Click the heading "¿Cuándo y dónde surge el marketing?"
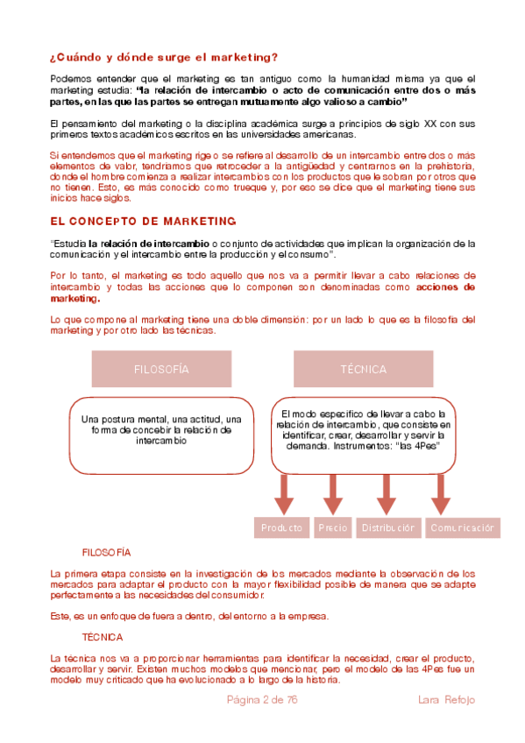tap(164, 58)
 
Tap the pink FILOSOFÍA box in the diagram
tap(161, 369)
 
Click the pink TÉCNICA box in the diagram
tap(363, 369)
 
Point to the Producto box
tap(282, 527)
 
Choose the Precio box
tap(333, 527)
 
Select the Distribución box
tap(388, 527)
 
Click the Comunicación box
tap(463, 527)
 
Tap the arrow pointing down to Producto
tap(283, 495)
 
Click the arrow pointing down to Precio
tap(333, 495)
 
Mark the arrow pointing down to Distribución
tap(387, 495)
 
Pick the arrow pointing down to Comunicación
tap(439, 495)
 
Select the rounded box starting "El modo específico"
tap(363, 430)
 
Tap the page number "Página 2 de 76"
tap(263, 699)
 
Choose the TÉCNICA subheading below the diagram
tap(103, 637)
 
